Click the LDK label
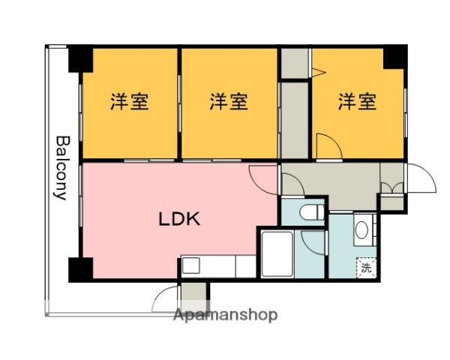point(178,220)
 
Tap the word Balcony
point(62,167)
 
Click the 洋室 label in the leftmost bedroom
point(129,101)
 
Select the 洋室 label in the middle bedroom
point(228,101)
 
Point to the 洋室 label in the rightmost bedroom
point(356,101)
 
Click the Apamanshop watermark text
point(225,315)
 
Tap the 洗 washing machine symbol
point(365,267)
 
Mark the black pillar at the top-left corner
point(79,58)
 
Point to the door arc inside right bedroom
point(325,146)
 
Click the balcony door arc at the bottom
point(166,301)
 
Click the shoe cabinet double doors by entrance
point(391,187)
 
